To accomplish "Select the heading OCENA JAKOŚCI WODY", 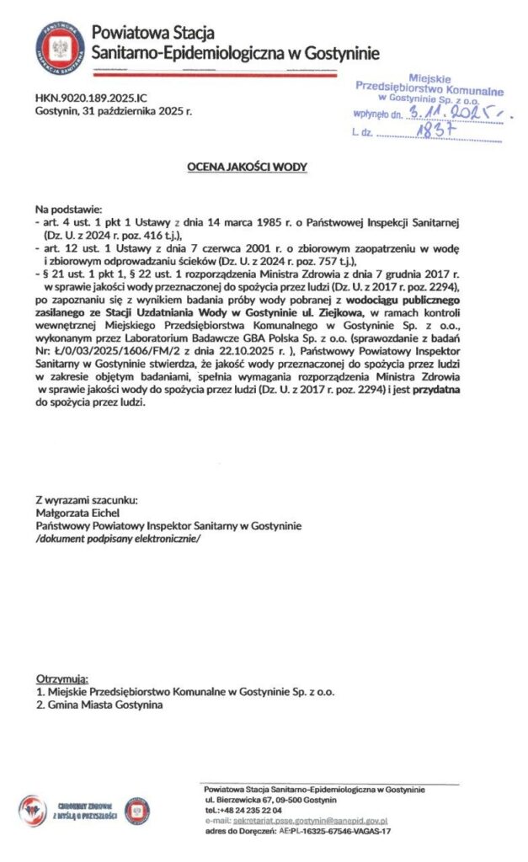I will pos(247,168).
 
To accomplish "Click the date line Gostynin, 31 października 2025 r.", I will pos(114,110).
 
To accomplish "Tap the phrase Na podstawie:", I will pos(67,207).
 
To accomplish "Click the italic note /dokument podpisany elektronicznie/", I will pos(119,538).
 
